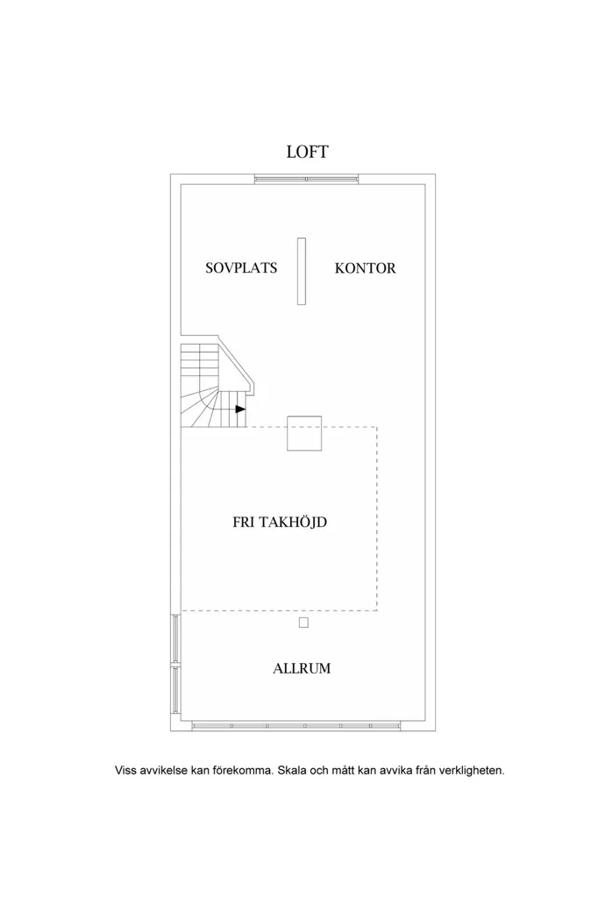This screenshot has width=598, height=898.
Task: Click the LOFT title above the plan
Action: [307, 152]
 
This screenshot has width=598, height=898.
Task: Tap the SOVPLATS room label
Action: [241, 268]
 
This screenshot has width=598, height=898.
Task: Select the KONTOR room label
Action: [365, 268]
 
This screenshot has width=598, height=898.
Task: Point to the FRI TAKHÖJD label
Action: [280, 523]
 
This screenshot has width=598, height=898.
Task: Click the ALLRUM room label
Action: [302, 668]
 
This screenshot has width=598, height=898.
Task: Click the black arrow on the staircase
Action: [240, 409]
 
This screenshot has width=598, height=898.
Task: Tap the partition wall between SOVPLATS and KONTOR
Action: [302, 271]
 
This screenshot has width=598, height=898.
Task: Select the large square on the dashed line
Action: [304, 433]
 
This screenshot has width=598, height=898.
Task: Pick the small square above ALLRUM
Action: [303, 624]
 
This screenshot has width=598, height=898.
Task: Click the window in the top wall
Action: [306, 179]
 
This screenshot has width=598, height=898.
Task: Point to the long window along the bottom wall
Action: [295, 726]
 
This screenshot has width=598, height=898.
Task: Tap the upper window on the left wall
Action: [176, 639]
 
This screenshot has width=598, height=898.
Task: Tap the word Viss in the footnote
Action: [125, 770]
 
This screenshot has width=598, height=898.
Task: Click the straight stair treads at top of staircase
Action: [200, 359]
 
